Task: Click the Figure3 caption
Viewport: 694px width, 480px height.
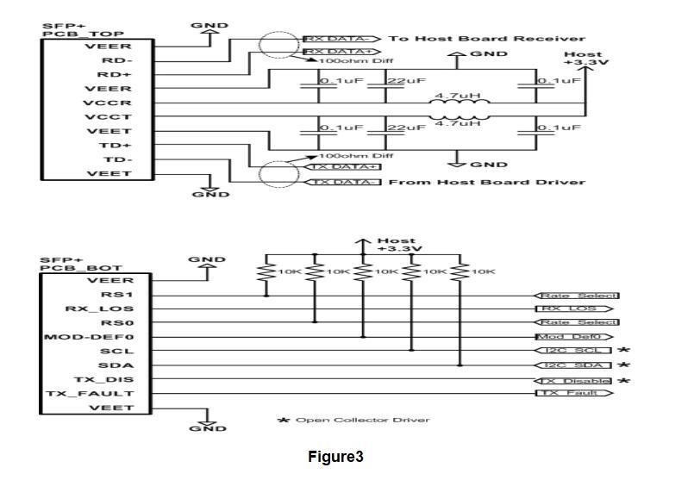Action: coord(335,457)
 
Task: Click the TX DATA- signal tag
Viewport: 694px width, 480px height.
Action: coord(342,182)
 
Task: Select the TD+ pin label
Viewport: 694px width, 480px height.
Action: coord(116,146)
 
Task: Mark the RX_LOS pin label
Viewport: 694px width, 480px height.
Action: coord(100,308)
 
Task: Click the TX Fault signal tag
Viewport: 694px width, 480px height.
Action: coord(573,393)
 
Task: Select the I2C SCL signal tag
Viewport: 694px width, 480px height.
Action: coord(573,351)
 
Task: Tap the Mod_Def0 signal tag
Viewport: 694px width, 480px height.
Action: coord(573,336)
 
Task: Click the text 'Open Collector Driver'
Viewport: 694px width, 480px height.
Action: coord(362,420)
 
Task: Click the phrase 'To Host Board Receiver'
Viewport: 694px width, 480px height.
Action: coord(487,39)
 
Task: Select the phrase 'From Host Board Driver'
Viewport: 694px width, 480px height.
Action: coord(487,182)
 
